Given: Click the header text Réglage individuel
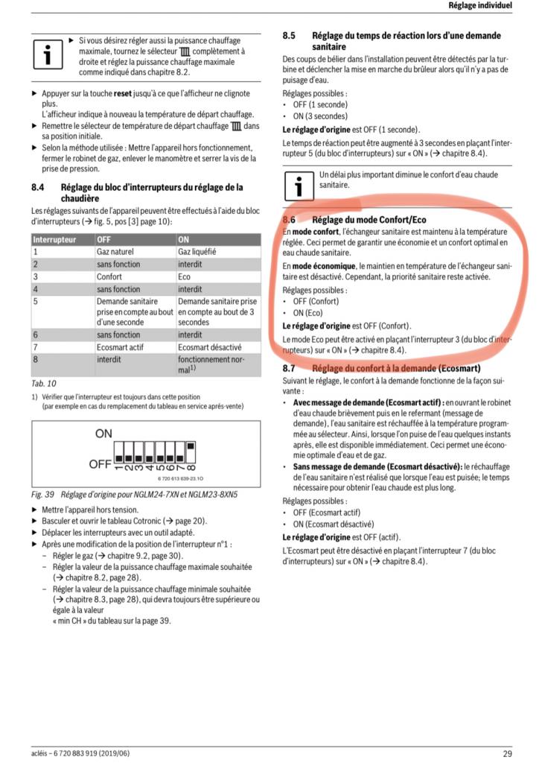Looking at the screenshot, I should (x=480, y=6).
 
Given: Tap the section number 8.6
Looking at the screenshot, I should (x=290, y=221).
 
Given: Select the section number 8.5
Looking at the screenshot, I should (x=290, y=35).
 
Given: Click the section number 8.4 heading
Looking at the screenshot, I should (x=37, y=187).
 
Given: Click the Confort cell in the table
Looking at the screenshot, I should (x=109, y=276).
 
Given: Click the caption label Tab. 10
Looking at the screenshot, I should (x=44, y=383).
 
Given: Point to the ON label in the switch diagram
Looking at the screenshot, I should (x=103, y=433).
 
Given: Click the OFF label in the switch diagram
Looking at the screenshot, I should (x=100, y=464).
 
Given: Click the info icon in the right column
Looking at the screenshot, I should (x=300, y=184).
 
